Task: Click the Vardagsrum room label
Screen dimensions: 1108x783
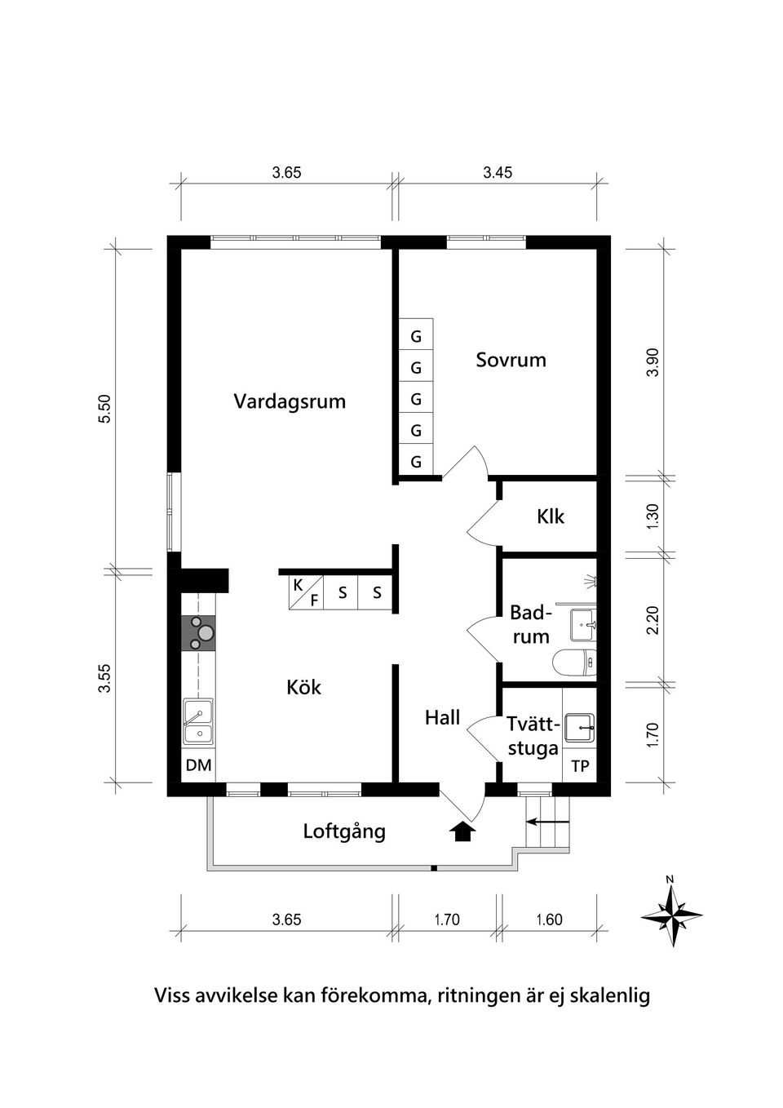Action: (x=290, y=401)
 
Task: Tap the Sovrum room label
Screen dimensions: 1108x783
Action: (x=511, y=360)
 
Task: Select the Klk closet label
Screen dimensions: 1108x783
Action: (x=551, y=516)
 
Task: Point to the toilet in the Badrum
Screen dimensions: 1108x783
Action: (x=574, y=663)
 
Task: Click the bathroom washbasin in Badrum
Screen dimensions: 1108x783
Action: (x=583, y=624)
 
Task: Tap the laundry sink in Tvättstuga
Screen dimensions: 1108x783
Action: (x=580, y=726)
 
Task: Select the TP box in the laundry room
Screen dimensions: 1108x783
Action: (x=580, y=766)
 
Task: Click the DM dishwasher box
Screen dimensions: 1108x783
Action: (x=198, y=765)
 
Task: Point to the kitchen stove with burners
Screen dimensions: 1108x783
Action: (x=198, y=632)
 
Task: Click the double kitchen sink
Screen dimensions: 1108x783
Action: (x=198, y=721)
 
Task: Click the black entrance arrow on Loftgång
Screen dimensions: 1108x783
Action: (x=462, y=831)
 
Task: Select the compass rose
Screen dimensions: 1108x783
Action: (x=671, y=915)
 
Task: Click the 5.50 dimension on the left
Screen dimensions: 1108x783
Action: (x=104, y=408)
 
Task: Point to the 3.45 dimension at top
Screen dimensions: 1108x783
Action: (x=498, y=172)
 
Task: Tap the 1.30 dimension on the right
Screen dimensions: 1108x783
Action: (x=652, y=516)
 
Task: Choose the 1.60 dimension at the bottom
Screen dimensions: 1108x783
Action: (x=549, y=920)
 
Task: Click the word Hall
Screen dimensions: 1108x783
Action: (x=442, y=718)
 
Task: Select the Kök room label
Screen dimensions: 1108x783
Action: (x=303, y=687)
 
